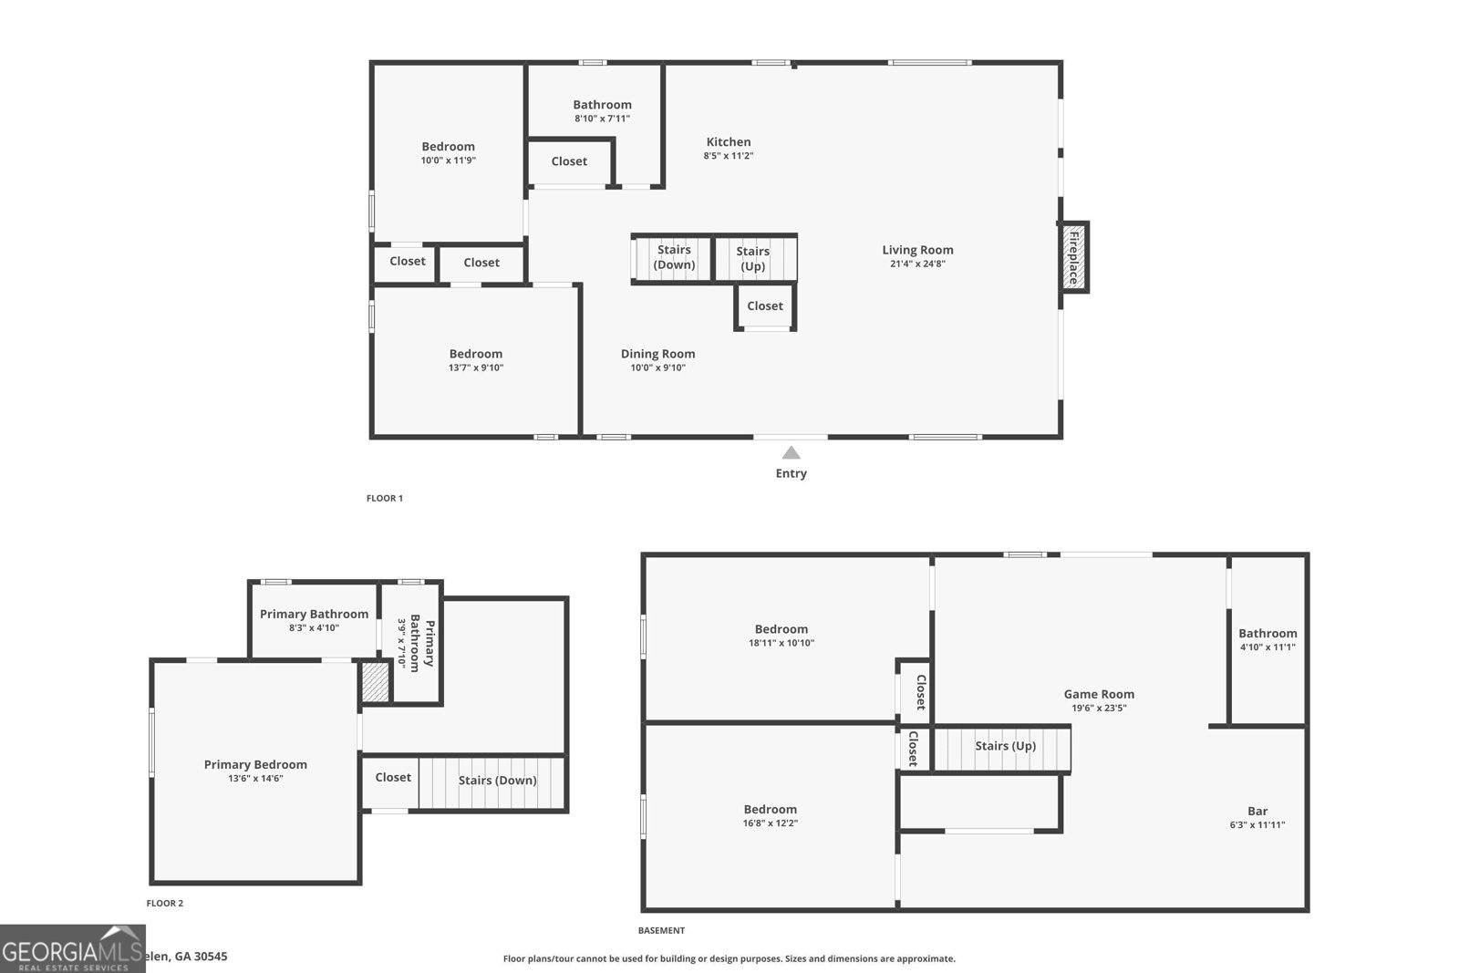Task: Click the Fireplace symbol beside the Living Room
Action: point(1073,257)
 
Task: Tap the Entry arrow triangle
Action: point(791,452)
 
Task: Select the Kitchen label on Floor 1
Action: point(728,142)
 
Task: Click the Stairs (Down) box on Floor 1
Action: point(673,257)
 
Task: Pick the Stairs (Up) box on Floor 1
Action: point(754,258)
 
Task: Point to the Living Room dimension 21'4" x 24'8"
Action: point(917,264)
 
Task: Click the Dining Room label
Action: point(657,354)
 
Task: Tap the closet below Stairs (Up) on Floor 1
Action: point(765,306)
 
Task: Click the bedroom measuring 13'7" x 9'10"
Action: point(475,360)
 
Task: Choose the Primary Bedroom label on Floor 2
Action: point(255,765)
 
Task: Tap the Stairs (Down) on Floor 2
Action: point(497,781)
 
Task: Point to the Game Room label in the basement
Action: point(1099,694)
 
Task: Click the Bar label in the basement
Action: point(1257,812)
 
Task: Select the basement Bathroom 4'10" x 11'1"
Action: point(1267,639)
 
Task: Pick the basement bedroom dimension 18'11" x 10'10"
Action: point(781,643)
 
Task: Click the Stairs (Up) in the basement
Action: point(1004,746)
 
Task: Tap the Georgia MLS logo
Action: point(72,949)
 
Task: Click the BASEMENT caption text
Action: point(661,931)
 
